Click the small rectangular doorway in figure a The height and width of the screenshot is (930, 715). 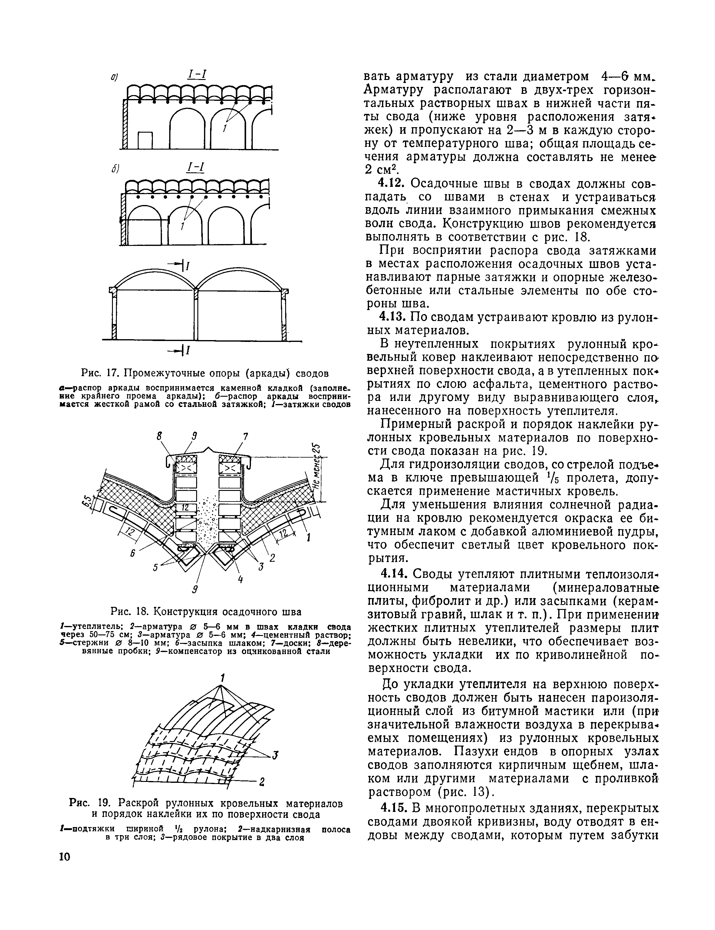coord(145,140)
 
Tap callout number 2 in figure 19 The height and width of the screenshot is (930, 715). coord(262,782)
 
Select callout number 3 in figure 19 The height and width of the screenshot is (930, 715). coord(275,755)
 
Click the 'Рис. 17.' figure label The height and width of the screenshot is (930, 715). coord(99,373)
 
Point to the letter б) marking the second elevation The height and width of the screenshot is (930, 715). coord(115,169)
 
